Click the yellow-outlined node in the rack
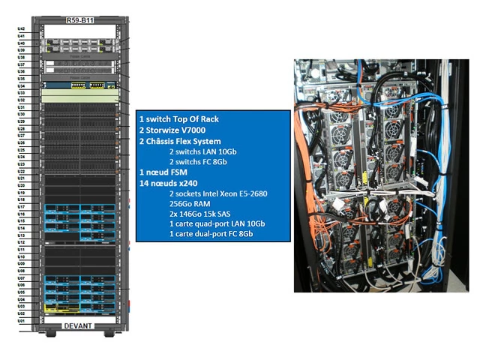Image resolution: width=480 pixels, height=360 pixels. tap(59, 307)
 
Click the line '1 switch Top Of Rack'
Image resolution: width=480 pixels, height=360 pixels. tap(178, 119)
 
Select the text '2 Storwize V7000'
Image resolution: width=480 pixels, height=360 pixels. tap(172, 130)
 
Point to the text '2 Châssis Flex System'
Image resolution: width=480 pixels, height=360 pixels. tap(180, 141)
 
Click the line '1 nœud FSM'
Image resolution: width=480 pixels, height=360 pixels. tap(163, 172)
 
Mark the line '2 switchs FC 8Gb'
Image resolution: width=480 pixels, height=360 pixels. tap(199, 162)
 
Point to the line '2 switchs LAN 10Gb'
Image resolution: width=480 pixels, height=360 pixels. tap(202, 151)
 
